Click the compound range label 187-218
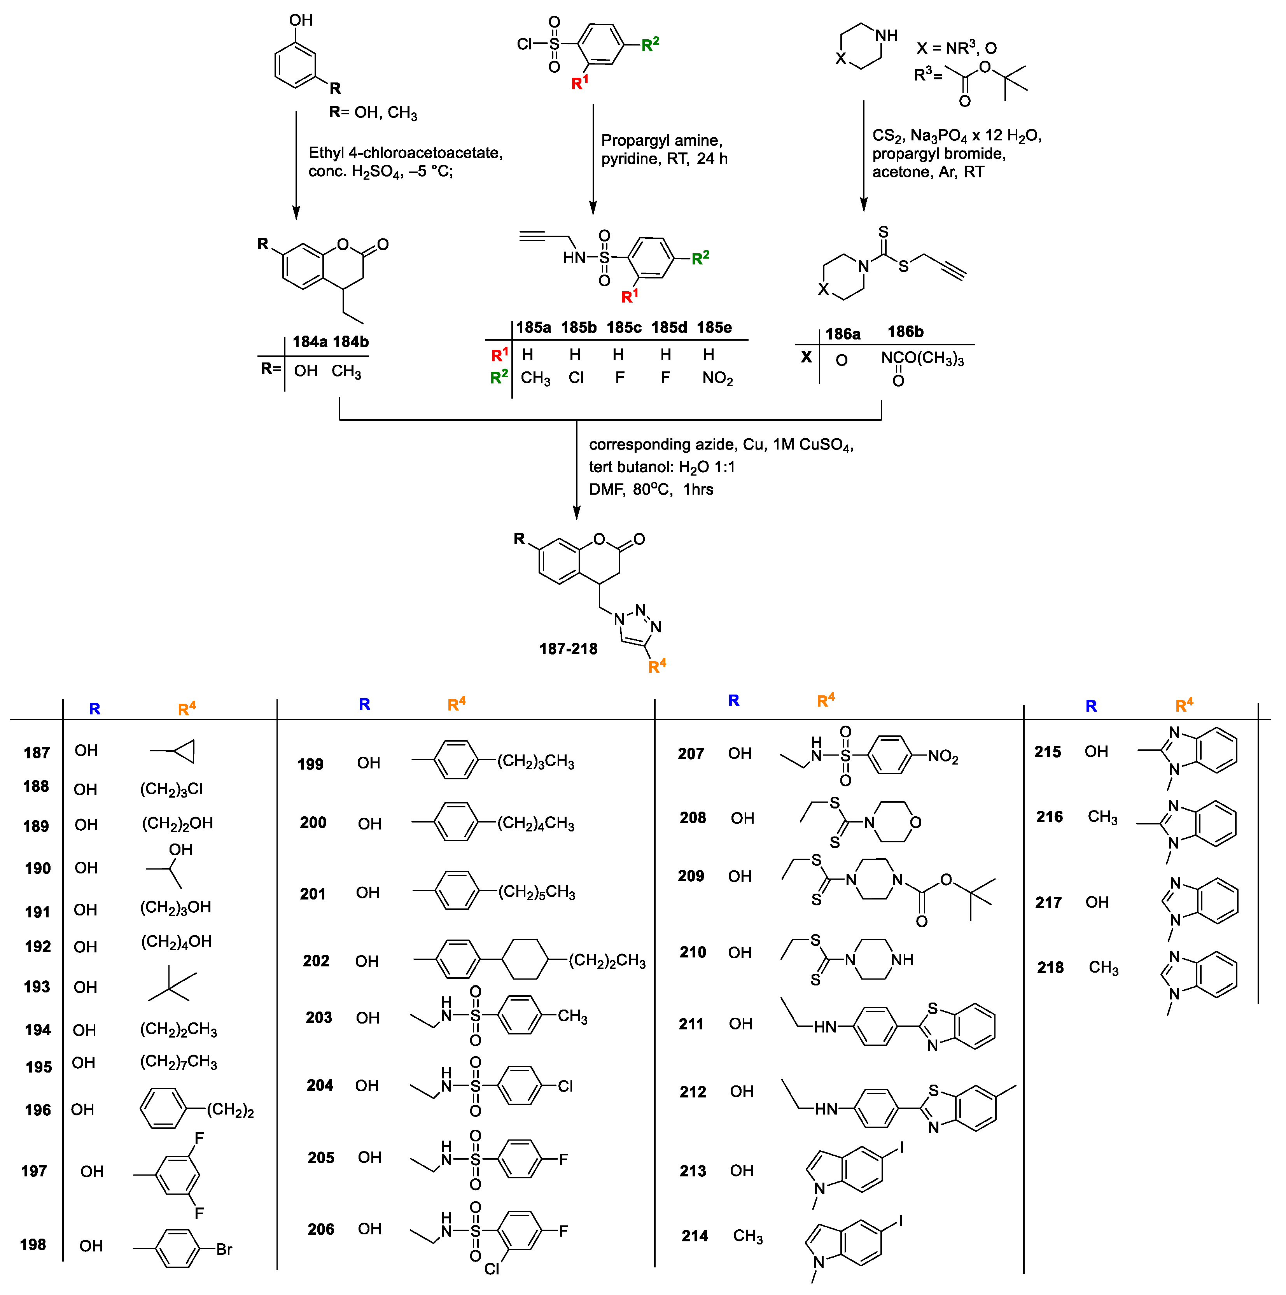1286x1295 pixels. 568,649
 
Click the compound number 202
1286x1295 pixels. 316,961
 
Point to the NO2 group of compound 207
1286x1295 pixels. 943,757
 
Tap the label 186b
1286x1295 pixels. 905,332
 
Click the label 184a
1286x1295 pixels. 310,342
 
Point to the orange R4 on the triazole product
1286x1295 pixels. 657,666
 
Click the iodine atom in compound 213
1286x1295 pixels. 901,1148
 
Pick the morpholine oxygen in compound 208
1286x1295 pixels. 915,822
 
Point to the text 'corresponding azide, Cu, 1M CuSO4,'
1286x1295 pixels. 721,445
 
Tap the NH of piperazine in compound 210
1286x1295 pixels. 902,960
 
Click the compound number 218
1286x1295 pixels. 1050,968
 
